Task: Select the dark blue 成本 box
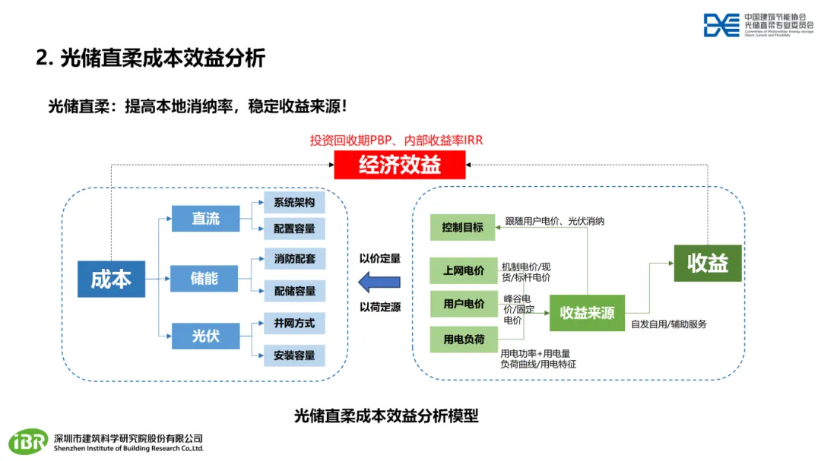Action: pyautogui.click(x=111, y=279)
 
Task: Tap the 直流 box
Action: pyautogui.click(x=205, y=219)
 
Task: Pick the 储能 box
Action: pyautogui.click(x=204, y=279)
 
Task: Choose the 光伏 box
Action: pyautogui.click(x=205, y=335)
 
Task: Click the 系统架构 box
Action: pyautogui.click(x=294, y=202)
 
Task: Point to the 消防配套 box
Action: pyautogui.click(x=294, y=258)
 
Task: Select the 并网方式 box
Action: pyautogui.click(x=294, y=323)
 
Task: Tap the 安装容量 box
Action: pyautogui.click(x=294, y=355)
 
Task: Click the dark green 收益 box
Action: pyautogui.click(x=708, y=263)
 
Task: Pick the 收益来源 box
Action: pyautogui.click(x=587, y=313)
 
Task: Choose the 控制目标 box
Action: pyautogui.click(x=463, y=226)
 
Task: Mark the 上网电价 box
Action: pyautogui.click(x=463, y=270)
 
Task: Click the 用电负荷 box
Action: pyautogui.click(x=463, y=339)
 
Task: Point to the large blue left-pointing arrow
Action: pyautogui.click(x=379, y=283)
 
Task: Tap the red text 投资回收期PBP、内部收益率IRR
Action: pyautogui.click(x=396, y=140)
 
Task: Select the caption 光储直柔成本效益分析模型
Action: pyautogui.click(x=386, y=415)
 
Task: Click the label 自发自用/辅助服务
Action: pyautogui.click(x=669, y=324)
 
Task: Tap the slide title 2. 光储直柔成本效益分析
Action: pyautogui.click(x=151, y=58)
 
